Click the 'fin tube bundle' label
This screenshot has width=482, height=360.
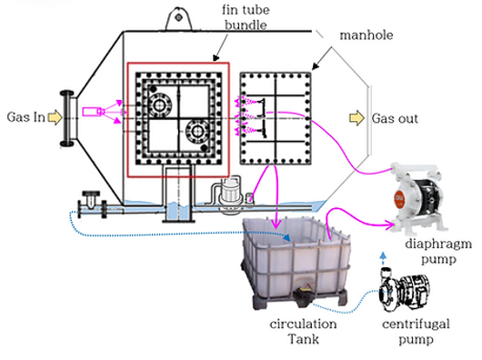[246, 17]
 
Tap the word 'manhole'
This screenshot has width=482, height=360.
[367, 35]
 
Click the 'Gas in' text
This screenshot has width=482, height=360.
[25, 117]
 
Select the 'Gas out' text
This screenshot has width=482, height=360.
[395, 118]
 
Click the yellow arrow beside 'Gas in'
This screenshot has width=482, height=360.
[55, 117]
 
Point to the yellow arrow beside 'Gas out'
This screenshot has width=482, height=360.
[357, 118]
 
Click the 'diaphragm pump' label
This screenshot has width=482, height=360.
[438, 251]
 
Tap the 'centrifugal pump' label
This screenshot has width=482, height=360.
[416, 332]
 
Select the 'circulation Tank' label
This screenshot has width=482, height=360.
[303, 332]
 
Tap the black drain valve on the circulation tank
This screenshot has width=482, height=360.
[304, 295]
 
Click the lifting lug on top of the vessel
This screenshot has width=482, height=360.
[178, 18]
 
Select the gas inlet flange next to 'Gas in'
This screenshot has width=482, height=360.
[67, 118]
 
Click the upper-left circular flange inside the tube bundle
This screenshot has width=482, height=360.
[158, 105]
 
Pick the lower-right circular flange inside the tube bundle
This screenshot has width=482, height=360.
[196, 132]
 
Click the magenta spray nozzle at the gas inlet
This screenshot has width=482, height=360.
[93, 111]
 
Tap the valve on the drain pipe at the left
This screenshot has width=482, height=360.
[91, 204]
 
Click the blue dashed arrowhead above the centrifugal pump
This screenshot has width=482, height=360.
[383, 255]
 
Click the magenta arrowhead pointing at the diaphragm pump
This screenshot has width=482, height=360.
[391, 225]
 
